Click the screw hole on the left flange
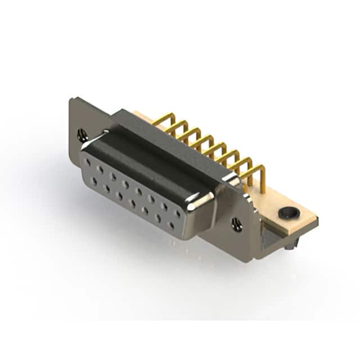click(82, 134)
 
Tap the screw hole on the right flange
click(236, 224)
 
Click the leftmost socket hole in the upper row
click(88, 162)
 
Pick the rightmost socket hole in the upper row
click(178, 214)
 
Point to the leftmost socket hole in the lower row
click(94, 181)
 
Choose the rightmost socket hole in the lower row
click(171, 226)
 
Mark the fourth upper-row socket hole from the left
click(125, 184)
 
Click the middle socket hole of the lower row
click(133, 204)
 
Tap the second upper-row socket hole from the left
click(100, 169)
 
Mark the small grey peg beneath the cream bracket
click(289, 245)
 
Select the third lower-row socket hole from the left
click(120, 196)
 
